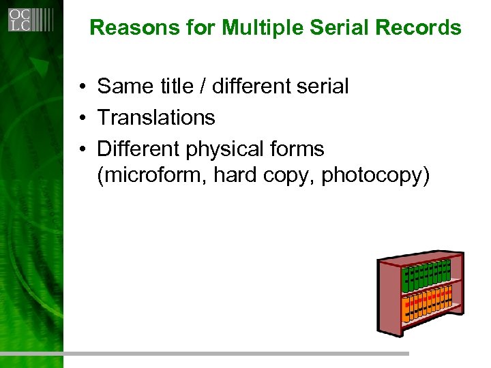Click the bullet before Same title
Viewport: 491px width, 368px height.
81,87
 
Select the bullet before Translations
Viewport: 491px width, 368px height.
81,118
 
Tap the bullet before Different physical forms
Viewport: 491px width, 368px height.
81,149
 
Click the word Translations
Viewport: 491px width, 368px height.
156,118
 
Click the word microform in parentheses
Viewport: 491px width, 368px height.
153,177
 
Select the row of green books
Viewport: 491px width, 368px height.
426,275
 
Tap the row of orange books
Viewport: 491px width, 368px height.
426,304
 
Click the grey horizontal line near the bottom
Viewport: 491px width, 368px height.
205,354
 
